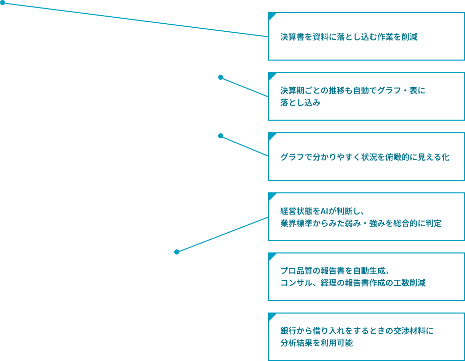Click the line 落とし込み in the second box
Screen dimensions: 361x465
300,102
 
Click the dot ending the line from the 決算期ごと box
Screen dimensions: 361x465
221,77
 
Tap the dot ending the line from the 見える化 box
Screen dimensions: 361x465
221,136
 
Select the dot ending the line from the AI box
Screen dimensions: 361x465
177,252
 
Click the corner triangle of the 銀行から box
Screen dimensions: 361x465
272,316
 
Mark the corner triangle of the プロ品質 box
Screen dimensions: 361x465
272,256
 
